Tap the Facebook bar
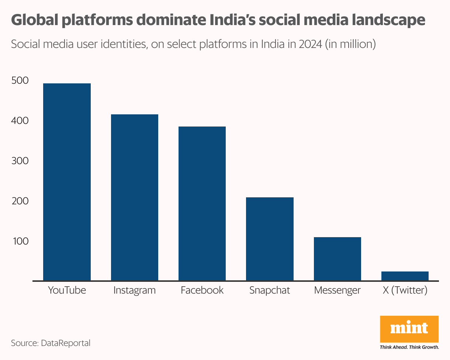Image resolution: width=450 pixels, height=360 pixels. (202, 204)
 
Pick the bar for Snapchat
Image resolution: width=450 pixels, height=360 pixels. (270, 239)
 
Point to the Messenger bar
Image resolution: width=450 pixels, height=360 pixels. (337, 259)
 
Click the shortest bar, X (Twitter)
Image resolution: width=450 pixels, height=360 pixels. (405, 276)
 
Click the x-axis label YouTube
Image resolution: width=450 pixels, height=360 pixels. (67, 290)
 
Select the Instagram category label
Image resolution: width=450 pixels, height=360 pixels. (135, 290)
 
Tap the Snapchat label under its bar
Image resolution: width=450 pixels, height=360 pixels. (270, 290)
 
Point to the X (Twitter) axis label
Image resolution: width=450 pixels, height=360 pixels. (405, 290)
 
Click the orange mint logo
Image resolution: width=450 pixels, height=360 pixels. (409, 329)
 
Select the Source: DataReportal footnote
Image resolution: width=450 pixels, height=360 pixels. (51, 343)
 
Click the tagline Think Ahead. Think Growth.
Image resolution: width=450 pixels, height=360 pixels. (409, 347)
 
